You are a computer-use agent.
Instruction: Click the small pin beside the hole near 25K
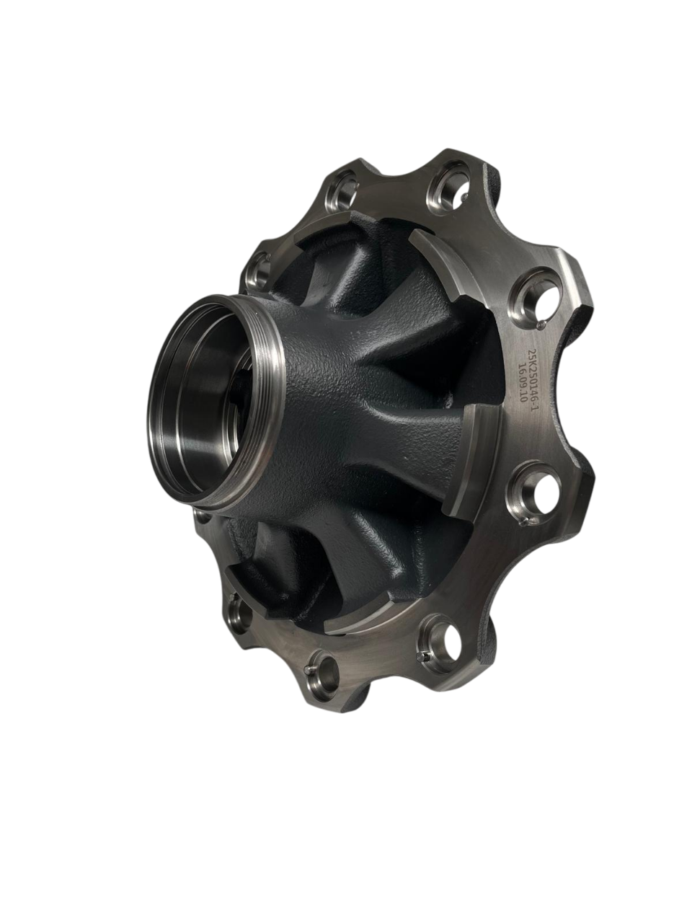(x=542, y=324)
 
